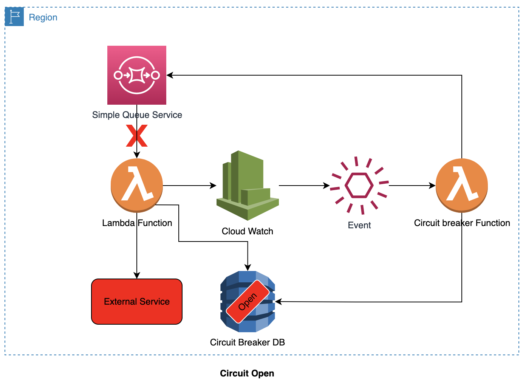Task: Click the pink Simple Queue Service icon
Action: coord(137,75)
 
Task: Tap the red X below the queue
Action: coord(137,136)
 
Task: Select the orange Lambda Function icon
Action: coord(137,185)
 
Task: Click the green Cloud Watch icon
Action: coord(248,185)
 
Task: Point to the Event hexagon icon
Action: coord(359,185)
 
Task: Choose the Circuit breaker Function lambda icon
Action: coord(462,185)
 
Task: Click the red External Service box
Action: coord(137,302)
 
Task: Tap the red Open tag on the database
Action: coord(248,302)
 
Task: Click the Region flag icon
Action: coord(14,17)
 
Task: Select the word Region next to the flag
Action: coord(43,17)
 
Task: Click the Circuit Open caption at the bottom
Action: coord(247,373)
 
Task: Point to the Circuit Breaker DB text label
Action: coord(248,342)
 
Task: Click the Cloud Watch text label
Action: coord(248,231)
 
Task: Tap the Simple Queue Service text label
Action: coord(137,115)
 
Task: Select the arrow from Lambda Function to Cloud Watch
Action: coord(189,186)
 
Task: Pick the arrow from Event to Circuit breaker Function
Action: coord(412,186)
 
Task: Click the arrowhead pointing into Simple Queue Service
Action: coord(170,75)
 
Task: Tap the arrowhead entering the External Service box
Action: coord(137,275)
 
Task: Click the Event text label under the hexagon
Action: coord(359,225)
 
